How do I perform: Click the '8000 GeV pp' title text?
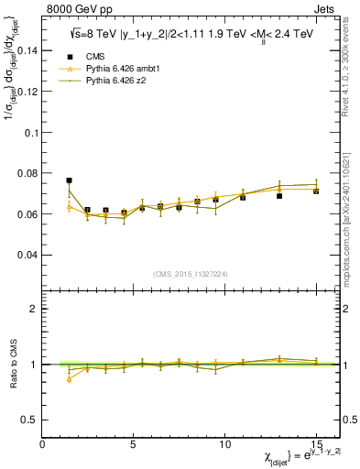[74, 7]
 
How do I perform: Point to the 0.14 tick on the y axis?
[27, 51]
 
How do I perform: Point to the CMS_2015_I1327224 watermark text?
[191, 274]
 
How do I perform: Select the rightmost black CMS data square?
[316, 191]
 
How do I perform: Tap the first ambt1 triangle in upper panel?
[69, 206]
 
